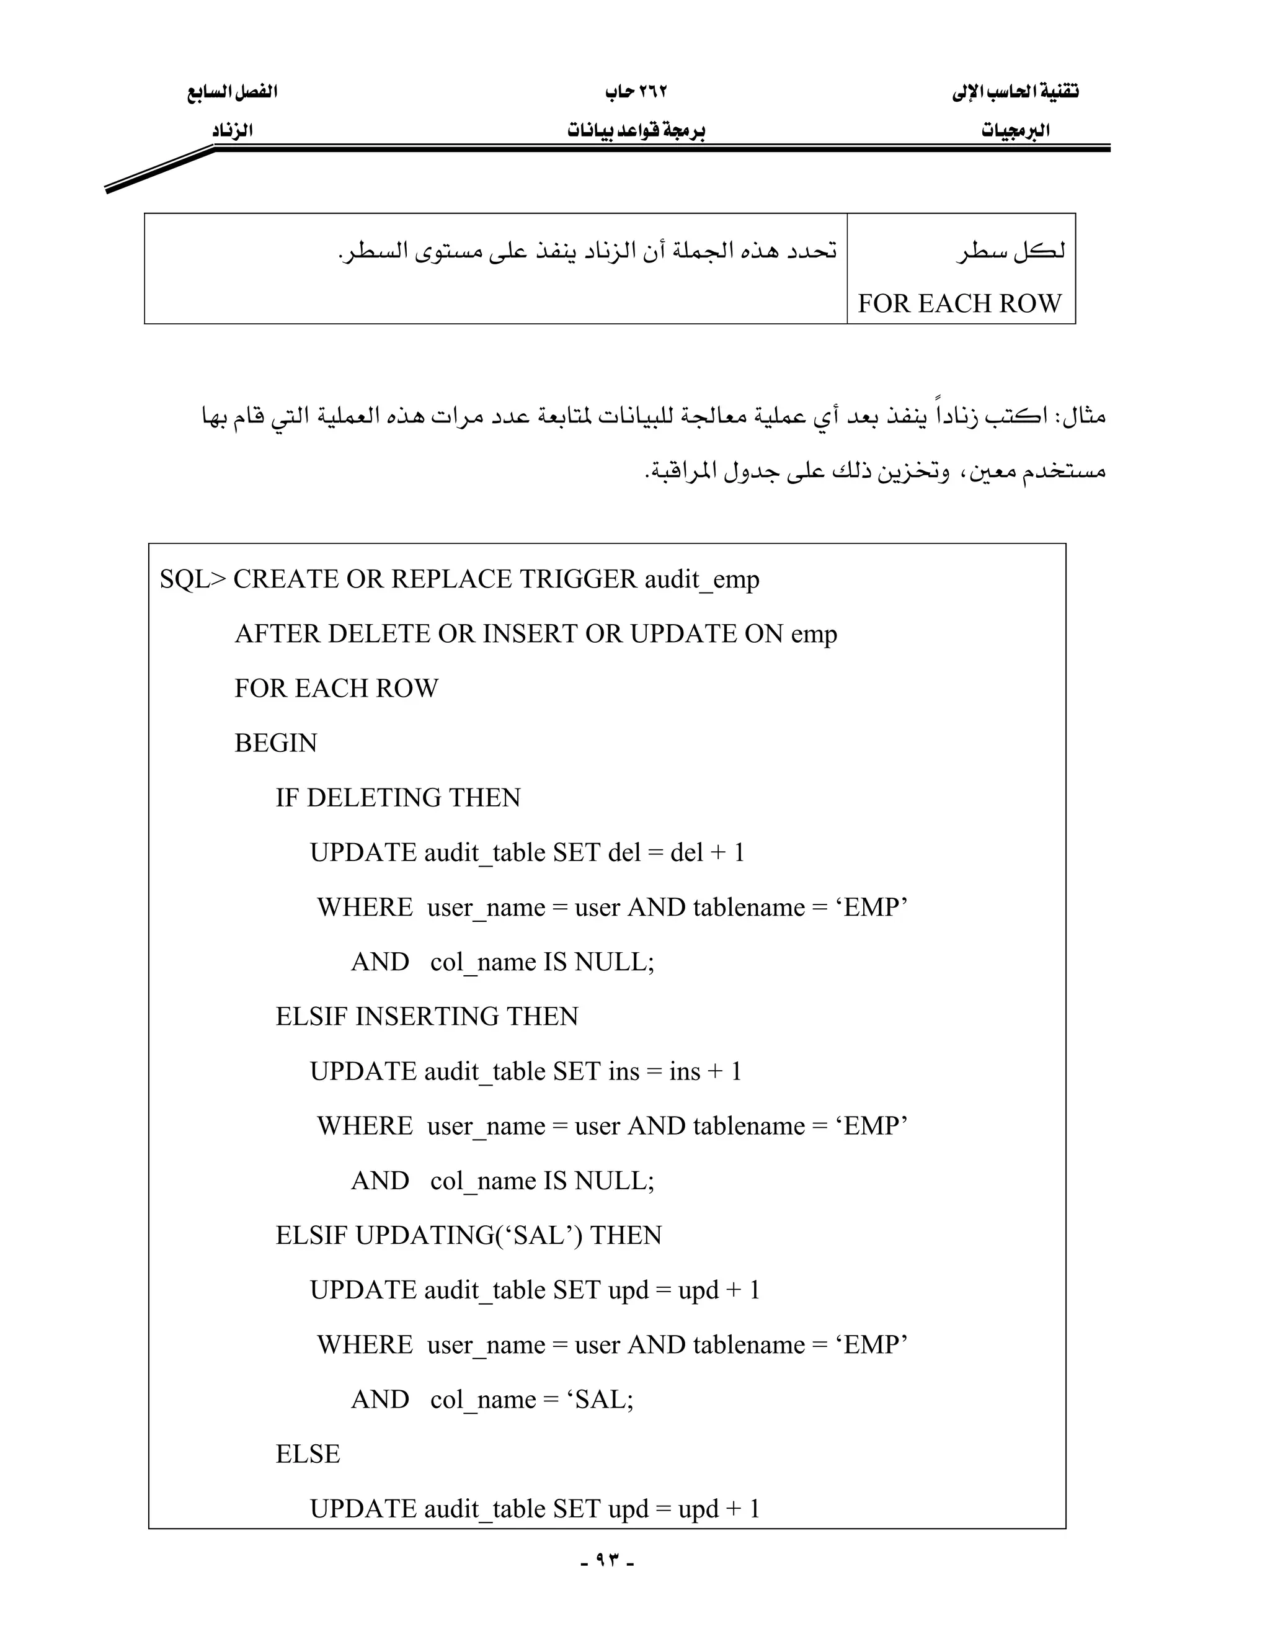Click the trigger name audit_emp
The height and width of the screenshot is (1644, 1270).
702,579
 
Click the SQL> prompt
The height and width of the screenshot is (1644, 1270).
192,579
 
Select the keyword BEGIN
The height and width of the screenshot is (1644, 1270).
275,743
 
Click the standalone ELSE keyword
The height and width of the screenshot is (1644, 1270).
308,1454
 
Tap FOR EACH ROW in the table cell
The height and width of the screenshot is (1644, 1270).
959,303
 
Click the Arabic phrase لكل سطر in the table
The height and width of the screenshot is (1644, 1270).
1012,251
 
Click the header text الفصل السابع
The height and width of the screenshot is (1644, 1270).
233,92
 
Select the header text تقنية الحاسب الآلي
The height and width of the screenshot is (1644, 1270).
1015,92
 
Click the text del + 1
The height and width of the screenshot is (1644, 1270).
707,853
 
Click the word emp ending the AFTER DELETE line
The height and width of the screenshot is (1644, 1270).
814,635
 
